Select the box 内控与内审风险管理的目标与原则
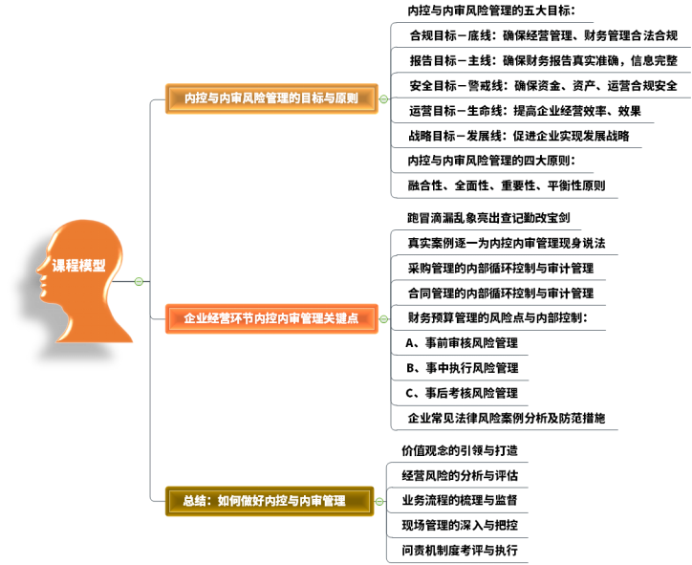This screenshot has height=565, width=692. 271,98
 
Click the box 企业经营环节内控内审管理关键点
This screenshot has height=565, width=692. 271,318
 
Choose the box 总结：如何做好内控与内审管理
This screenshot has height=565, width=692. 270,501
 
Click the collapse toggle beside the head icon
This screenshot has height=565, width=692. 139,281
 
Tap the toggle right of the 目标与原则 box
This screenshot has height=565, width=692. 383,98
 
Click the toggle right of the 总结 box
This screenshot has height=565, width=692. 379,501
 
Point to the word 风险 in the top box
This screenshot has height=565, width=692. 254,98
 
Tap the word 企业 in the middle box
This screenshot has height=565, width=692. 196,318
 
